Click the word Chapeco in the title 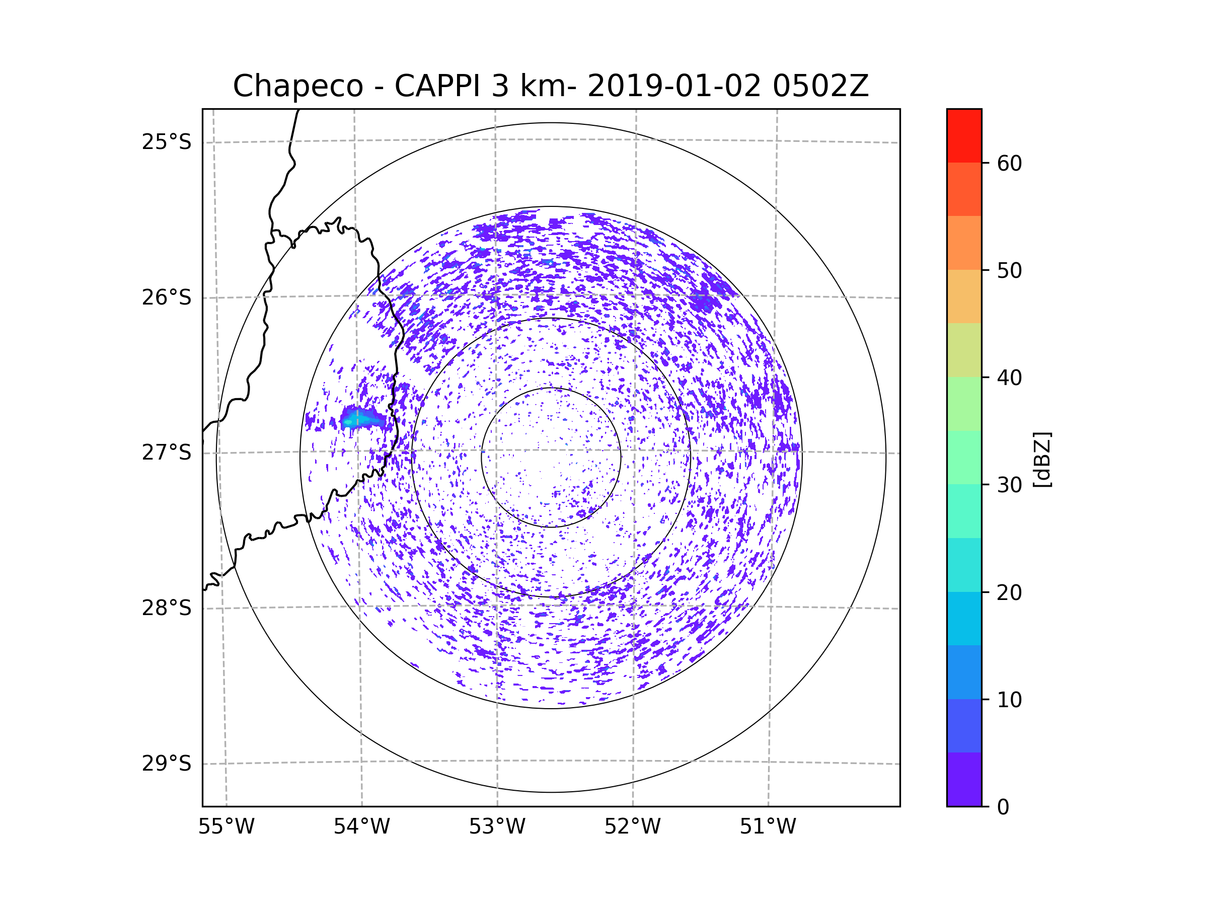tap(298, 86)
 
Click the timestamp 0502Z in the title tap(820, 86)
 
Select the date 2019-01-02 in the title tap(674, 86)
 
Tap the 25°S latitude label tap(167, 142)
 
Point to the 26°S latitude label tap(167, 297)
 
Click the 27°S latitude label tap(167, 452)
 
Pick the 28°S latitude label tap(167, 608)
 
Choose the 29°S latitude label tap(167, 764)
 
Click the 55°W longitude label tap(226, 827)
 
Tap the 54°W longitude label tap(361, 827)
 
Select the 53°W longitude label tap(497, 827)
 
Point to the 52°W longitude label tap(632, 827)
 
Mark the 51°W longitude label tap(768, 827)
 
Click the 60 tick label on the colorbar tap(1009, 163)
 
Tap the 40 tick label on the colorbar tap(1009, 377)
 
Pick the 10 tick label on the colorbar tap(1009, 700)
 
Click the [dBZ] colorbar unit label tap(1042, 459)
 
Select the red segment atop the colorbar tap(964, 136)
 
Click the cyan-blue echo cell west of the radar tap(362, 419)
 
